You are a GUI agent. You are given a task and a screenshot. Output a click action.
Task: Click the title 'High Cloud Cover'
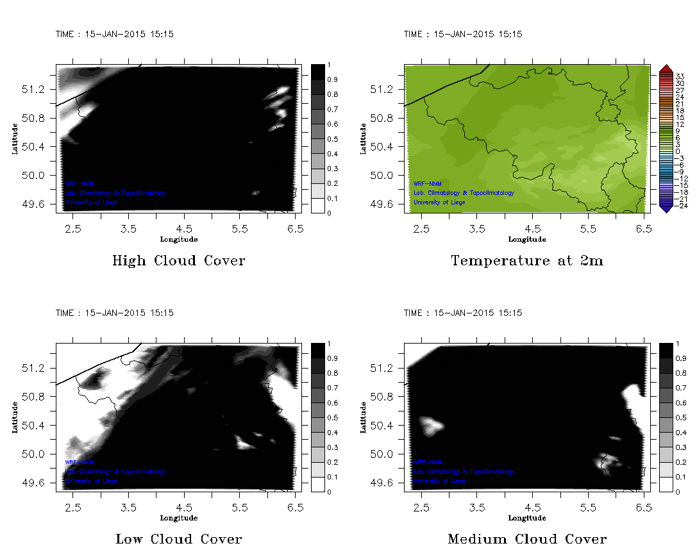coord(178,261)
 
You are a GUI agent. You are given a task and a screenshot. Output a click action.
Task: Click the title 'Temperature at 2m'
coord(527,261)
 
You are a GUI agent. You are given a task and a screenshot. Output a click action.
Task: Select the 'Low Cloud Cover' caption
coord(178,539)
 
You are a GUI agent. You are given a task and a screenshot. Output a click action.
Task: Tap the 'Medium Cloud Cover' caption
coord(527,539)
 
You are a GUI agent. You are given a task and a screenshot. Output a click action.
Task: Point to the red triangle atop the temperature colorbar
coord(666,68)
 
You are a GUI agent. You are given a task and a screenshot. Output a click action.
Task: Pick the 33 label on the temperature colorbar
coord(680,76)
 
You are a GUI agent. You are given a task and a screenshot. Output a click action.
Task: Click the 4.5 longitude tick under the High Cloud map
coord(184,228)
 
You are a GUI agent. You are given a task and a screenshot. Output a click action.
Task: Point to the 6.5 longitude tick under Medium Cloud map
coord(643,507)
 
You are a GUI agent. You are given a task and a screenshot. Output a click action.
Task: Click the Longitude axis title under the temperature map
coord(527,240)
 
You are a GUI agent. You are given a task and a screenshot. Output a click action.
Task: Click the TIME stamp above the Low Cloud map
coord(114,313)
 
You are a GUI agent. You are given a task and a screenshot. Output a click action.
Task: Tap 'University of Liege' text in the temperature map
coord(439,203)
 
